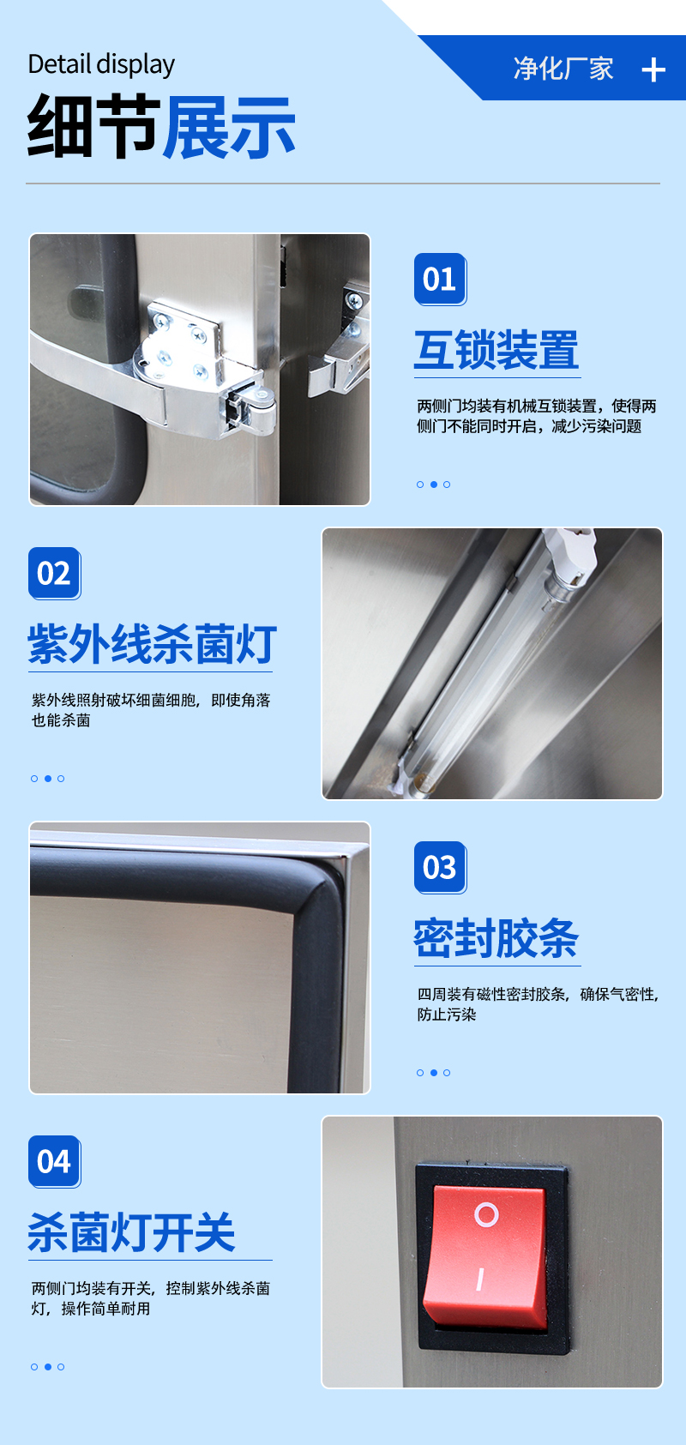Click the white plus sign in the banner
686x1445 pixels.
coord(653,69)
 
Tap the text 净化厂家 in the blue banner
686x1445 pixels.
coord(563,69)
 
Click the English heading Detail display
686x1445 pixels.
coord(101,65)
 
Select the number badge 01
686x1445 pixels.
coord(440,280)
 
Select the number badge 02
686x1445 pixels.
coord(54,574)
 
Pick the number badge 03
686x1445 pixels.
coord(440,868)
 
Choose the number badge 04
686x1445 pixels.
coord(54,1162)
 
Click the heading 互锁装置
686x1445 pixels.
coord(496,350)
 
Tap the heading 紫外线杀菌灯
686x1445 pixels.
coord(152,644)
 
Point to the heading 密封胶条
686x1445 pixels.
coord(496,938)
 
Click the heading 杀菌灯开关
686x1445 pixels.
coord(131,1232)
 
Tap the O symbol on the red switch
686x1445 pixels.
coord(486,1214)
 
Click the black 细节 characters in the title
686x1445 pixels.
coord(93,126)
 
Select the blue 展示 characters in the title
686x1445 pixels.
coord(228,126)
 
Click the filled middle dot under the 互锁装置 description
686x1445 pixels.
coord(433,485)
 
